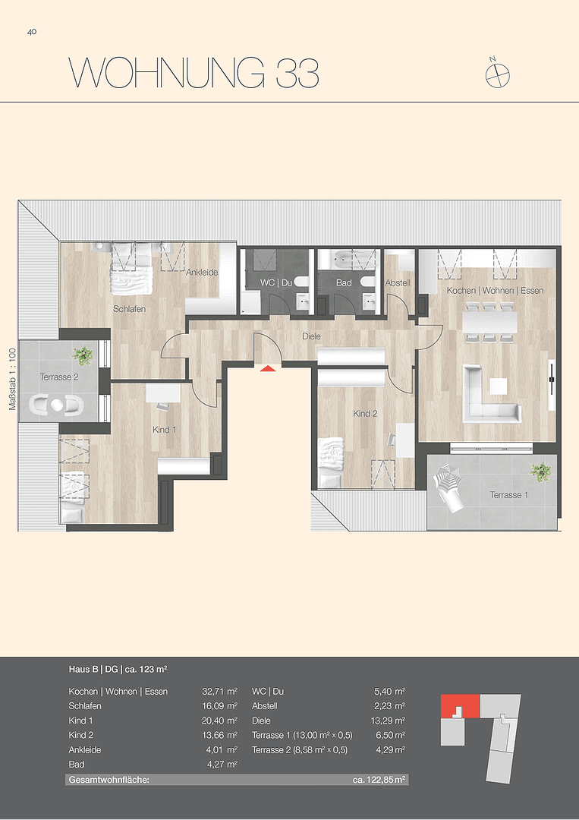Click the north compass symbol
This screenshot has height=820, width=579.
[498, 73]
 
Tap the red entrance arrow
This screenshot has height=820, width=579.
[266, 368]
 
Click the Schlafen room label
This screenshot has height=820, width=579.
[129, 309]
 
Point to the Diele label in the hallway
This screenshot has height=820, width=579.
[311, 336]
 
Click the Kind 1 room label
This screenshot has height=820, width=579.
[164, 430]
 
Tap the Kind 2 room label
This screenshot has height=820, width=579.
[365, 414]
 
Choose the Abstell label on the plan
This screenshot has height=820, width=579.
[398, 282]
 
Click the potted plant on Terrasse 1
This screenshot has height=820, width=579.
[541, 471]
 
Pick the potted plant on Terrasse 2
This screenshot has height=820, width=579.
[83, 355]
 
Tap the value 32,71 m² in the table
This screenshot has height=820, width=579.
[220, 692]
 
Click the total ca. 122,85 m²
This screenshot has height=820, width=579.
[379, 780]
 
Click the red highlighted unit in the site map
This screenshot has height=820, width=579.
[459, 705]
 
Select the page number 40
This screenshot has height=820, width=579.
[32, 32]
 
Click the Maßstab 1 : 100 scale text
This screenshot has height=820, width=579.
[12, 379]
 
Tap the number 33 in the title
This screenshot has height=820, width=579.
[292, 74]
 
